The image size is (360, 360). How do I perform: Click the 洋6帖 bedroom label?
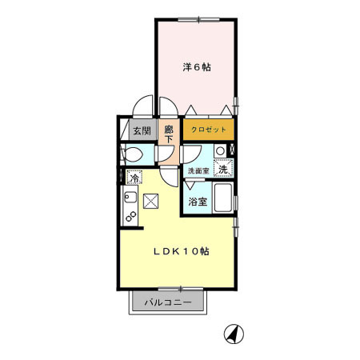195,67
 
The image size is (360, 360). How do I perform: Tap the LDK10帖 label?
182,250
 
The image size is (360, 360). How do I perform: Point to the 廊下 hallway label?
169,133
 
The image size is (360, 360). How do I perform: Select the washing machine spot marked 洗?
226,169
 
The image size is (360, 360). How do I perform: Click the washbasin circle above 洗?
219,151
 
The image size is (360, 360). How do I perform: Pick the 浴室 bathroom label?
198,202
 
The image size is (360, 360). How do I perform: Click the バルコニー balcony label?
168,303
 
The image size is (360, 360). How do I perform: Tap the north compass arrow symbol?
233,333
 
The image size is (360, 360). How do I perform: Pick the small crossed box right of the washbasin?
233,150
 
